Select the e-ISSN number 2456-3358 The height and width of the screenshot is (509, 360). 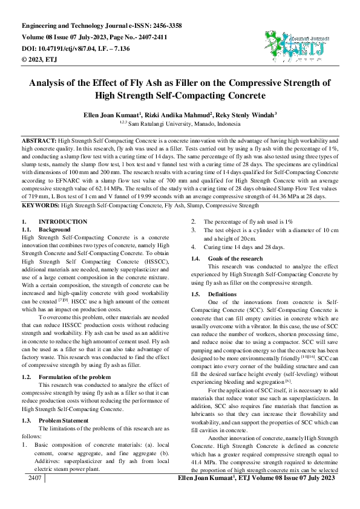[160, 26]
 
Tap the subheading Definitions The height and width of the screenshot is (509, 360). [221, 294]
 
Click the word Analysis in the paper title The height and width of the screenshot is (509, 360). [53, 83]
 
